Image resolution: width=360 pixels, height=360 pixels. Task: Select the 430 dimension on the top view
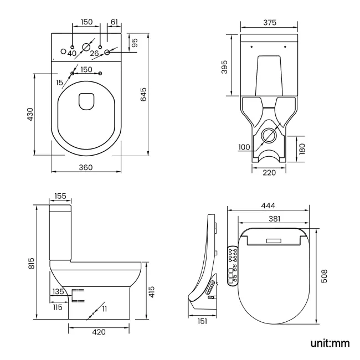pos(31,114)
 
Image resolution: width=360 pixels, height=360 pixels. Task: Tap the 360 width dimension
pos(85,167)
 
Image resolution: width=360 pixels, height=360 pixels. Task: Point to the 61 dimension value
pos(114,22)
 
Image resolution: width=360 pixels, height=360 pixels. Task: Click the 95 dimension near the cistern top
pos(134,42)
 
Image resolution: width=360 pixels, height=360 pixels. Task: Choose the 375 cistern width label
pos(269,22)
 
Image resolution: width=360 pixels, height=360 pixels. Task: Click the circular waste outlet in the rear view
pos(269,135)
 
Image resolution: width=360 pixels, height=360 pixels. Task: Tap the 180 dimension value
pos(301,148)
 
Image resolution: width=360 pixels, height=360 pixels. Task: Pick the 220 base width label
pos(269,172)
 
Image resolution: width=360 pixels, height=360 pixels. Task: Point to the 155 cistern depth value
pos(61,197)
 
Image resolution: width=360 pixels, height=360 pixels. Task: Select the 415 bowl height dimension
pos(151,291)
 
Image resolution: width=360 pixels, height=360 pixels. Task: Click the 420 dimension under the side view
pos(99,332)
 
